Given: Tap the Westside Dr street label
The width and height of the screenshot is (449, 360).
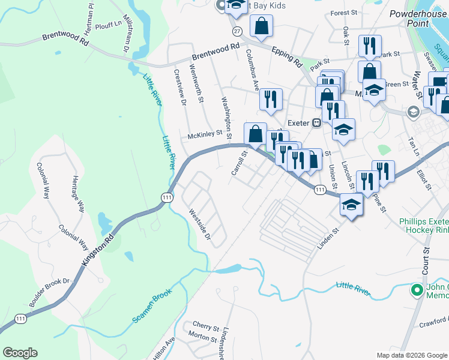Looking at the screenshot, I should click(200, 224).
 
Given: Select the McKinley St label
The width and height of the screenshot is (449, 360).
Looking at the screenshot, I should click(206, 136).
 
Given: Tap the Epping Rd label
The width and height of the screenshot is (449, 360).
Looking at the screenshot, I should click(286, 55).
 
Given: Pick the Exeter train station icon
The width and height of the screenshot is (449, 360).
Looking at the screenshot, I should click(317, 122).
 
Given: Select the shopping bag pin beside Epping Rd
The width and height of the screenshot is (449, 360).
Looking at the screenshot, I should click(262, 26).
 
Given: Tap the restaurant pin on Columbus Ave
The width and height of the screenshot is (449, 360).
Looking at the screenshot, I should click(271, 99).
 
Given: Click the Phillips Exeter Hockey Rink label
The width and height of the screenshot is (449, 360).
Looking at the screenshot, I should click(424, 226).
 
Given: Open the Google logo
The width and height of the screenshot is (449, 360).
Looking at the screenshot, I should click(20, 353).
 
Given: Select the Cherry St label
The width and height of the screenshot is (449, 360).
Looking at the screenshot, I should click(206, 328).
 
